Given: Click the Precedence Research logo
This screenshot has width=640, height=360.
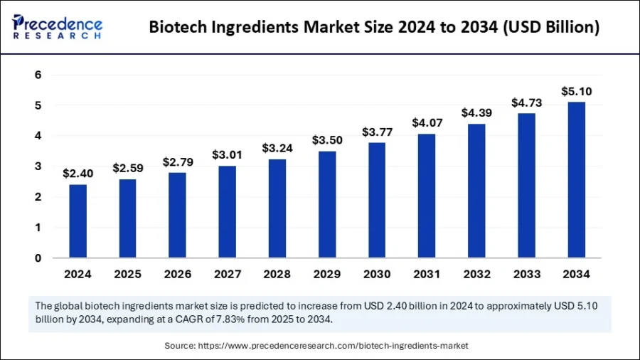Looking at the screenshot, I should coord(58,27).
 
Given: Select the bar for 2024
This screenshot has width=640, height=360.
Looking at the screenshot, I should coord(78,221).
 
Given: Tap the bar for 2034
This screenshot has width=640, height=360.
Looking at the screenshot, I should coord(576,179).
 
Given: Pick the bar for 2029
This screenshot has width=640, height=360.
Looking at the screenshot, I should coord(327,204).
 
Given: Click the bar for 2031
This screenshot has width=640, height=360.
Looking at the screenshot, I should coord(427,196).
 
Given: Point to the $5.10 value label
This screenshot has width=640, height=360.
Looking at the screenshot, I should coord(576,91).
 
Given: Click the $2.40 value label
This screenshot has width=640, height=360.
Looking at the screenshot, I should coord(78,173).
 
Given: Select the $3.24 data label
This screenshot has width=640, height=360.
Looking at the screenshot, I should coord(277,148).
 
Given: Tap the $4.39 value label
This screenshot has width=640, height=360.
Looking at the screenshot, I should coord(476,112).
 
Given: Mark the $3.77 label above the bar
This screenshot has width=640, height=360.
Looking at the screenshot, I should coord(377,132).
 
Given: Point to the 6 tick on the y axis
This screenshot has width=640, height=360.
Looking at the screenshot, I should coord(38,75).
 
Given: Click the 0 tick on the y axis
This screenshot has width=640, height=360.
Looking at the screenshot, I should coord(38,258).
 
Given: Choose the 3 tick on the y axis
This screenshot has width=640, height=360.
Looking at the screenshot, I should coord(38,166).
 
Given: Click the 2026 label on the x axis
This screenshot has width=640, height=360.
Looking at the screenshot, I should coord(178,275).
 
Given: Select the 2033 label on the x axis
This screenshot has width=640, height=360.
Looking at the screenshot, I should coord(526,275).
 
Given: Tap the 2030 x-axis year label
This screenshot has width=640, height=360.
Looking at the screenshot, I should coord(377,275).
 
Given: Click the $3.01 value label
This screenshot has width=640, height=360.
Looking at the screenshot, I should coord(228,155).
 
